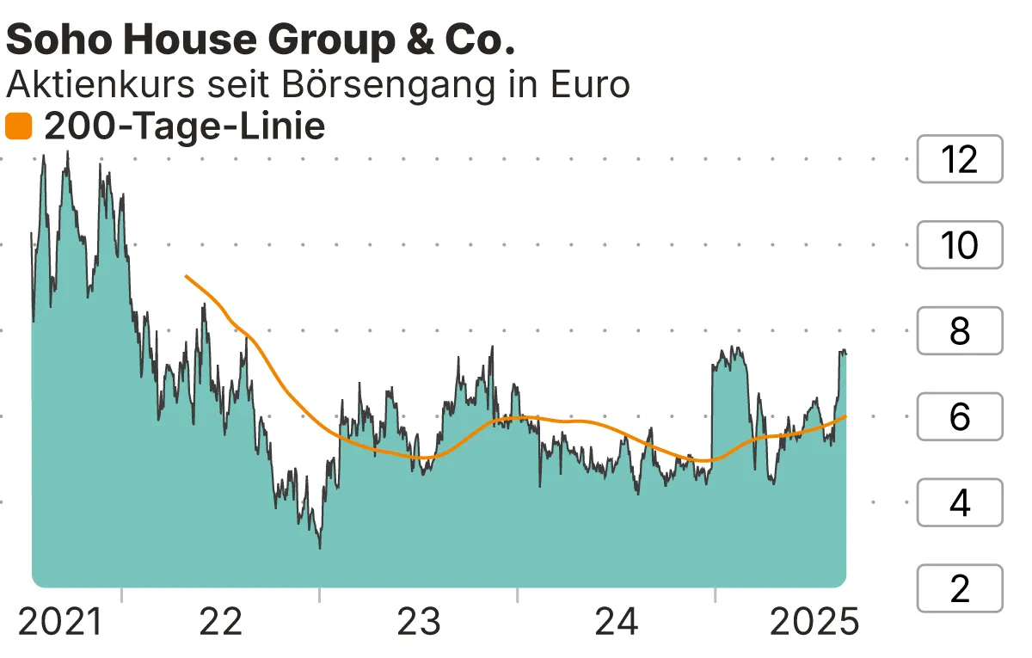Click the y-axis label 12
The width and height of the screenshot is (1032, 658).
click(960, 159)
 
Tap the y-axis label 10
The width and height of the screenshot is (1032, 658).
click(960, 245)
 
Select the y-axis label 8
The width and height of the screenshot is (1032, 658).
click(960, 331)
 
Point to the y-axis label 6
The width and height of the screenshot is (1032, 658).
click(960, 417)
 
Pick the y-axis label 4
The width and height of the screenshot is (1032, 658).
click(960, 502)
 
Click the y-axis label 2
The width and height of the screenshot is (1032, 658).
click(960, 588)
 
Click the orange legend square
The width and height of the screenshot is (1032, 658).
click(18, 127)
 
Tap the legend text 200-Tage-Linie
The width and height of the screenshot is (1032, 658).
click(184, 127)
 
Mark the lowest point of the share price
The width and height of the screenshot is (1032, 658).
click(320, 548)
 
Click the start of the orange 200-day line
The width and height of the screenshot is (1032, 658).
click(186, 276)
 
